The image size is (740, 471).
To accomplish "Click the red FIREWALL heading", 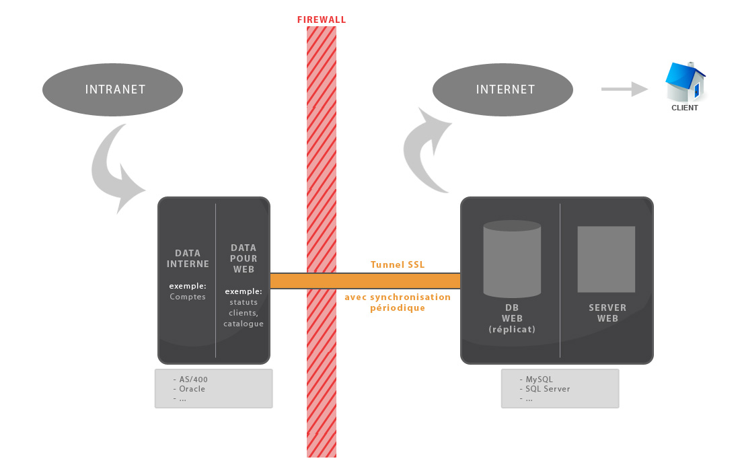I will (322, 20).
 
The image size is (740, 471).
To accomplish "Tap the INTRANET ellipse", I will (112, 89).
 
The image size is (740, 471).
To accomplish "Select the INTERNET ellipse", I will (503, 89).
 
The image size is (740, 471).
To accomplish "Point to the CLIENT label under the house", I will (685, 108).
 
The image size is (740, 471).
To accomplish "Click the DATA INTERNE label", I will (188, 258).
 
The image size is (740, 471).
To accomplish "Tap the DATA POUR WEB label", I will (244, 258).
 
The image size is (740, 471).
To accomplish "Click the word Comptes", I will (188, 297).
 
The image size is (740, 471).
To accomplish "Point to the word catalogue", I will (244, 324).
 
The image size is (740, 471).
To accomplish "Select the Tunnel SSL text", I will (398, 264).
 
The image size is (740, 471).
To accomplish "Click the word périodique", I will (398, 307).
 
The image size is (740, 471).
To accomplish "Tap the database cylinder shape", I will (512, 258).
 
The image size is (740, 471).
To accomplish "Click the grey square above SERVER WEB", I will (606, 259).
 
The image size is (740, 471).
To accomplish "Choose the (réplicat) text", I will (512, 329).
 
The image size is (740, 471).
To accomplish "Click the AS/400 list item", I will (193, 379).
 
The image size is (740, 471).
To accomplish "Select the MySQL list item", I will (539, 379).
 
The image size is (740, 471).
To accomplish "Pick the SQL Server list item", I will (548, 389).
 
